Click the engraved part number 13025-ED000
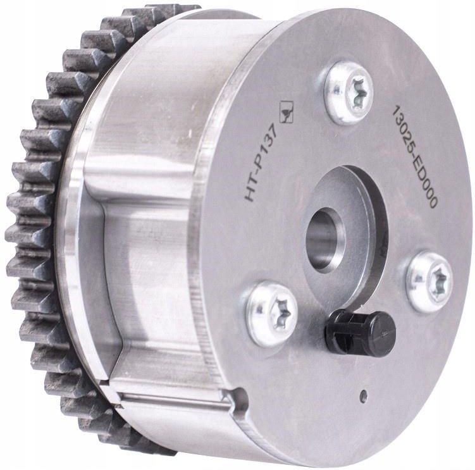[x=415, y=157]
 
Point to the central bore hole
[x=324, y=239]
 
